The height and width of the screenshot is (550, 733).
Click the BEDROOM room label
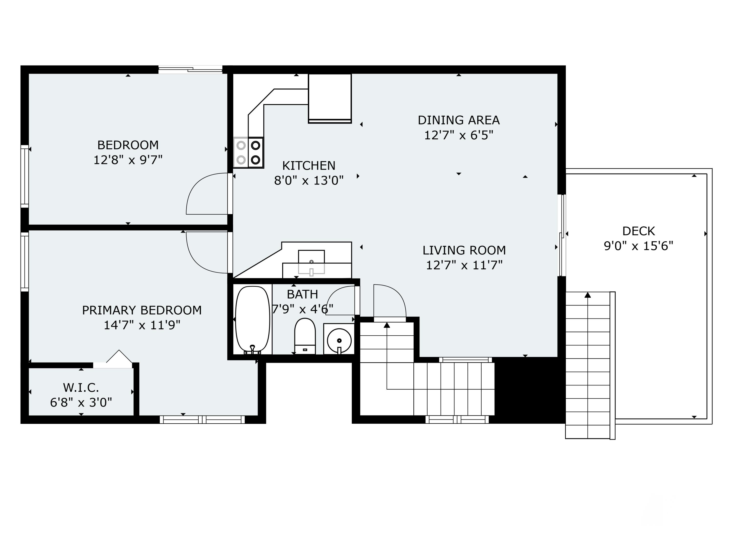(128, 145)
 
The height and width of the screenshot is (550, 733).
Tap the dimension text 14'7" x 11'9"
(142, 325)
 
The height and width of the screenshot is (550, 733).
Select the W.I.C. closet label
(81, 387)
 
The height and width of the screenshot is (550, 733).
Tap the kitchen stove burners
(248, 153)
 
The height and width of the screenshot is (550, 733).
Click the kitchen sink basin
(311, 262)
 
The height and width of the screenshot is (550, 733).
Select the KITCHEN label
(309, 165)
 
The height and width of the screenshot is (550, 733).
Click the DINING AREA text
(459, 120)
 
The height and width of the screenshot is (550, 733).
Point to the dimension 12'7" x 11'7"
(464, 265)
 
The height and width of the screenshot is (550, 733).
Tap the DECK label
(638, 231)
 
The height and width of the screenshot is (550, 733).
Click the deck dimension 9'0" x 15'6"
(638, 246)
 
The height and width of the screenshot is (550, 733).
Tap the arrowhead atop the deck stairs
(588, 295)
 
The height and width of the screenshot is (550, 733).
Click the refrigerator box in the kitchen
(330, 98)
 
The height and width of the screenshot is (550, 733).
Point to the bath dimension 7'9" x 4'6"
(302, 309)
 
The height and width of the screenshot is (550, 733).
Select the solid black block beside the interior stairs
(529, 390)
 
